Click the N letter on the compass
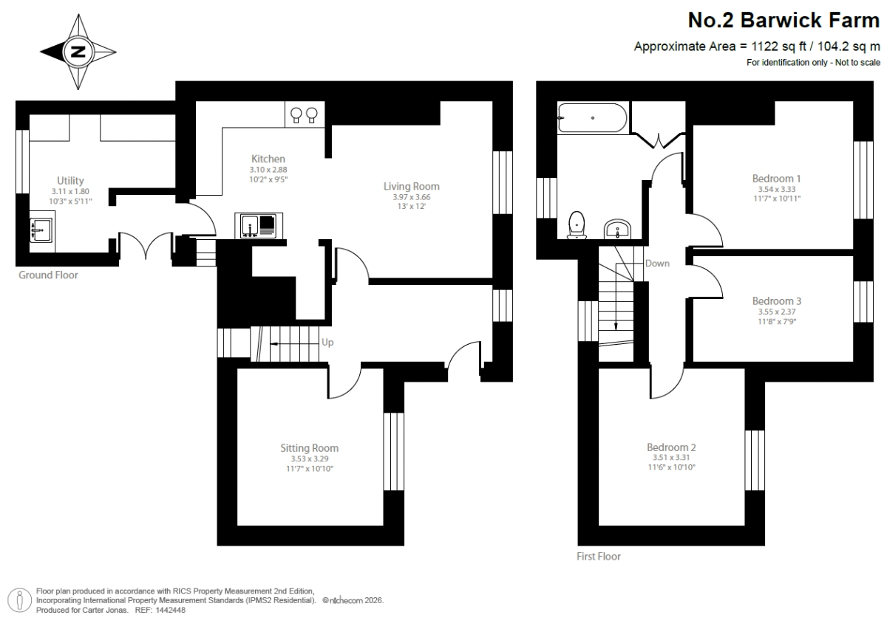tap(78, 52)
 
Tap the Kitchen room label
tap(268, 159)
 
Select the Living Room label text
tap(412, 186)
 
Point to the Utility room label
tap(70, 181)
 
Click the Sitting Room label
tap(310, 448)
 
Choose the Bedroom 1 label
tap(777, 179)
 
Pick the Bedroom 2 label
tap(671, 447)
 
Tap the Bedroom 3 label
tap(777, 301)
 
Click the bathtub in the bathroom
tap(592, 118)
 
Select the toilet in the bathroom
tap(577, 225)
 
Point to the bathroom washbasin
tap(617, 230)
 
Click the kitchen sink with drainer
tap(259, 226)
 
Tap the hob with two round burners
tap(305, 114)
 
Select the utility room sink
tap(41, 230)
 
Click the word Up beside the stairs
tap(327, 343)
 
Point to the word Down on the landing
tap(657, 264)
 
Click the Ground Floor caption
tap(48, 275)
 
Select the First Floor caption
tap(599, 557)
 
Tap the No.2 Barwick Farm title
tap(784, 20)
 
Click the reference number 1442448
tap(170, 610)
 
